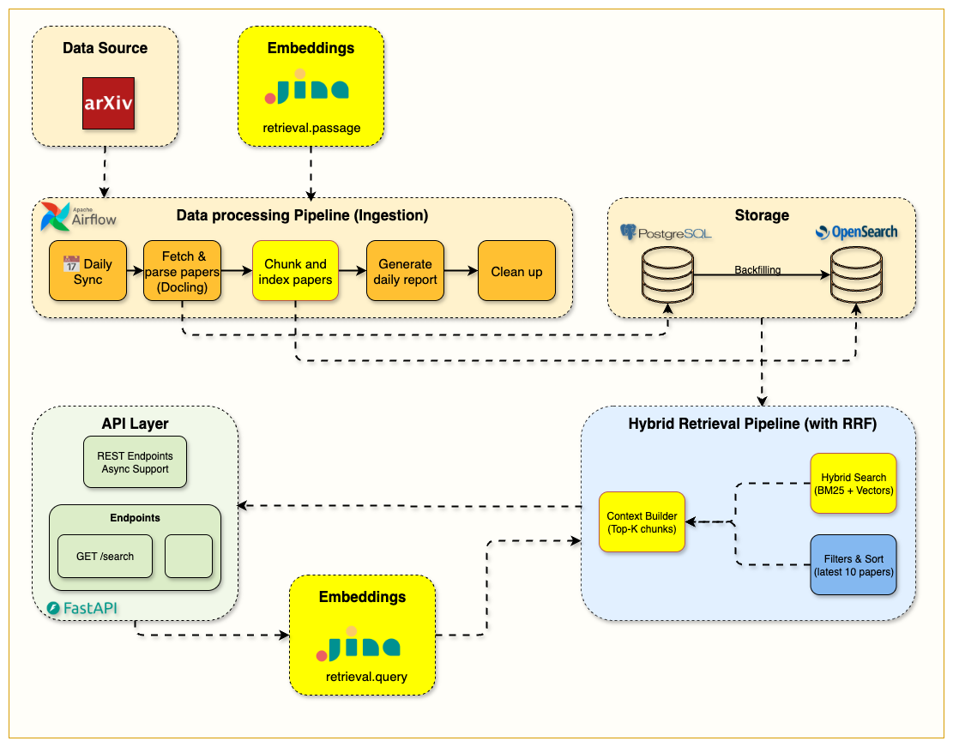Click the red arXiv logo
click(x=109, y=103)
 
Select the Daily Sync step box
click(x=87, y=271)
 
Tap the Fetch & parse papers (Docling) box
click(x=182, y=271)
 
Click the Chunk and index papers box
click(x=295, y=271)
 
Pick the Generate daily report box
click(x=405, y=271)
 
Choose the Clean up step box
click(x=516, y=271)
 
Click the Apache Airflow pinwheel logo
click(x=55, y=218)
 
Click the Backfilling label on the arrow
click(x=757, y=270)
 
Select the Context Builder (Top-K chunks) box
click(x=642, y=521)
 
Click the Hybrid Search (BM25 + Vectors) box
click(x=853, y=484)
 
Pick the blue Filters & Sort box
click(x=853, y=564)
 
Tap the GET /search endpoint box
click(x=105, y=556)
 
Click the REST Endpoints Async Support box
click(x=135, y=463)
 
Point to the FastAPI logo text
click(x=82, y=608)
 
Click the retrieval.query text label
click(x=366, y=677)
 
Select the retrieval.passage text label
click(x=311, y=128)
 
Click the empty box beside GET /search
click(x=188, y=556)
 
